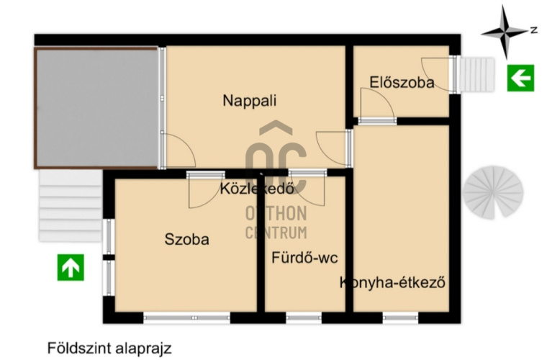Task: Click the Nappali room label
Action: (250, 101)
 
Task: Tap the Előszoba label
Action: (402, 82)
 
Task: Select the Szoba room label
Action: (187, 240)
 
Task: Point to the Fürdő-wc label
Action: (304, 258)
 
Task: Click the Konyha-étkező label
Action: (392, 282)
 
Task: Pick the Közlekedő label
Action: (257, 189)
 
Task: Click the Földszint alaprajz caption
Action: (109, 348)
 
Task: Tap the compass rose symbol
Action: (505, 32)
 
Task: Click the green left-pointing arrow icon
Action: (520, 78)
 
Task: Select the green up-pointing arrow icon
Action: (71, 267)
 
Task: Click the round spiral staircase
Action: (493, 192)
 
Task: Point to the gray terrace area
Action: (96, 108)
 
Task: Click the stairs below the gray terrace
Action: (71, 206)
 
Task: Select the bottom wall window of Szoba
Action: (187, 318)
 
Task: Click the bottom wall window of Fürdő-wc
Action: (304, 318)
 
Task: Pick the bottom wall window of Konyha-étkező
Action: (400, 318)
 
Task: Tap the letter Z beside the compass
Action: (534, 30)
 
